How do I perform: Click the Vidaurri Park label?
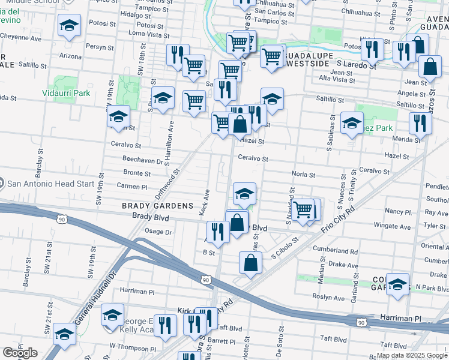tap(66, 93)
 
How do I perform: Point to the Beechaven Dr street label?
tap(143, 161)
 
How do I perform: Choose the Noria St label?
tap(303, 175)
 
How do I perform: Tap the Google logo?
tap(20, 353)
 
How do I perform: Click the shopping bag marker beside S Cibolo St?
tap(250, 262)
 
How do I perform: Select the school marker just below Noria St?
tap(244, 193)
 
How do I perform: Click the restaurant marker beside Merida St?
tap(420, 123)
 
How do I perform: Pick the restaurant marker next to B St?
tap(218, 232)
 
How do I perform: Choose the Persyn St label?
tap(100, 47)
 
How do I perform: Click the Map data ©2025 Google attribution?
tap(412, 355)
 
